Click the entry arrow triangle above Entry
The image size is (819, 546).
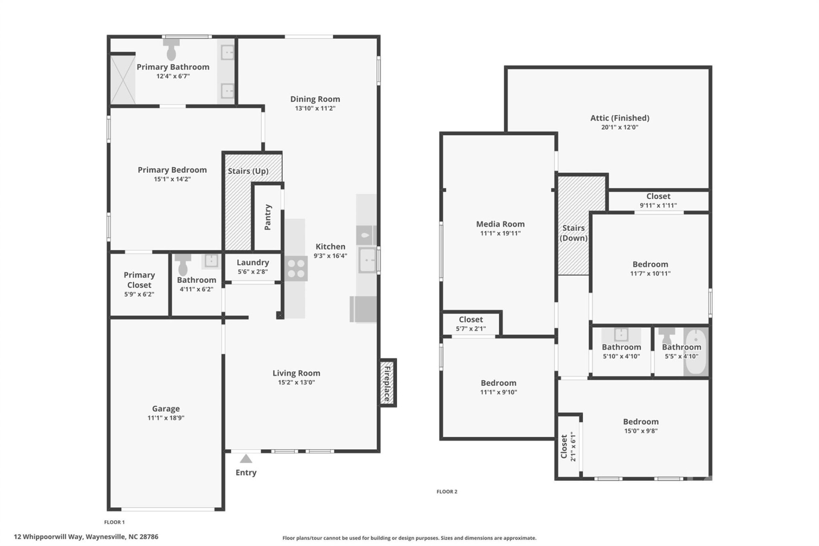246,459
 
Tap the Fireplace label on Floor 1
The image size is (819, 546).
387,383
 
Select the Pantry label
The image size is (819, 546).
268,217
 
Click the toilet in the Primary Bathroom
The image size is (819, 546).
171,50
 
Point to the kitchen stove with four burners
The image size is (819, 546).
296,268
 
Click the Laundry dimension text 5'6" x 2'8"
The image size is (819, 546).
253,272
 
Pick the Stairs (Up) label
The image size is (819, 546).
248,171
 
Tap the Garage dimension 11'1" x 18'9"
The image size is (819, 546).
166,418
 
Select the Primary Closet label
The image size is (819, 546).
139,280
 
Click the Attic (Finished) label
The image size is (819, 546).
619,118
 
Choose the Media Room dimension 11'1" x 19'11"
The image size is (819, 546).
500,233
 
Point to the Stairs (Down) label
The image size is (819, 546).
573,233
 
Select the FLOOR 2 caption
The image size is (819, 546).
447,491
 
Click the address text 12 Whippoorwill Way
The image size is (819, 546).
86,537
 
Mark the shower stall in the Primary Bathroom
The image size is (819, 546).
123,79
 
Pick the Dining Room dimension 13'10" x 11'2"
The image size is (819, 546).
315,108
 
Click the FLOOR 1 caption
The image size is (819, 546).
114,522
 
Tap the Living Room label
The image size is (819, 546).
296,373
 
